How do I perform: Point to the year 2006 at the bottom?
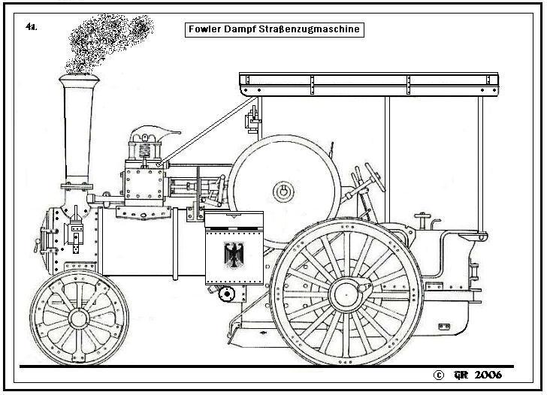click(x=487, y=374)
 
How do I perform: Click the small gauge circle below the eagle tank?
click(x=223, y=294)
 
